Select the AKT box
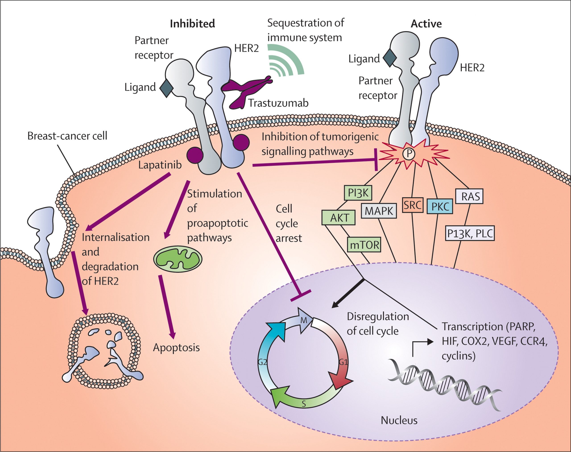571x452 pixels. tap(338, 218)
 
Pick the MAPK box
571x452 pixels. tap(379, 211)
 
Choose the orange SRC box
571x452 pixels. tap(413, 205)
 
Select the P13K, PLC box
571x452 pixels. tap(470, 233)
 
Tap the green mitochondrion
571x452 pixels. tap(178, 259)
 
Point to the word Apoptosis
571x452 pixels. tap(176, 348)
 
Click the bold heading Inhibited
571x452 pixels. tap(192, 24)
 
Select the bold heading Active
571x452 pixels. tap(426, 24)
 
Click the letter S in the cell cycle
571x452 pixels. tap(304, 404)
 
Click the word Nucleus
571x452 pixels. tap(399, 420)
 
